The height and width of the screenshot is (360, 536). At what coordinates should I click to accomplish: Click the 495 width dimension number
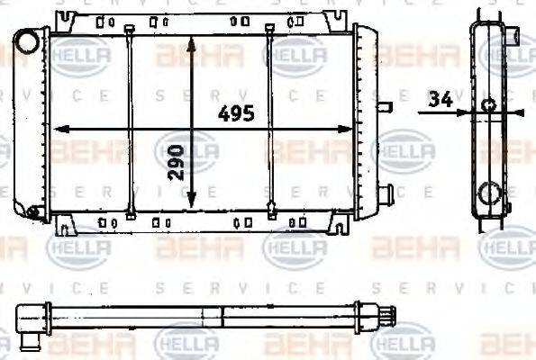tap(237, 114)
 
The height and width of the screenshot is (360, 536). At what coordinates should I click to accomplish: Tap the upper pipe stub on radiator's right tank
tap(386, 108)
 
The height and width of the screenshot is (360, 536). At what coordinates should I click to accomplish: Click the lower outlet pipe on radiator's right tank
tap(386, 193)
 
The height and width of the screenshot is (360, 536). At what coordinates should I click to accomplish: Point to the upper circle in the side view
tap(488, 105)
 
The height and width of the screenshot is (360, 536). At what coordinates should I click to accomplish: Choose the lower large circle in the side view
tap(489, 193)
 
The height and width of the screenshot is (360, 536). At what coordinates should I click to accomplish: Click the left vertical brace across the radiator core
tap(131, 121)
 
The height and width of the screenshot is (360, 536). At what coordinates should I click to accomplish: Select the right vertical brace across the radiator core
tap(269, 121)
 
